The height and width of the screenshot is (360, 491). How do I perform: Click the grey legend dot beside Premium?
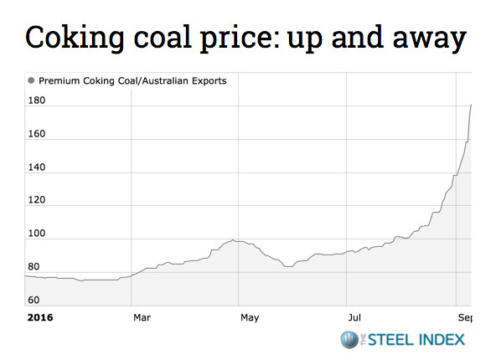pos(32,81)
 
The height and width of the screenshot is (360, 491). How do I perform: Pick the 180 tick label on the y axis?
pos(37,101)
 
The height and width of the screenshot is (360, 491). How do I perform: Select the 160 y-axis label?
pos(37,135)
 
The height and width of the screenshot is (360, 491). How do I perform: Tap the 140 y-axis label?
pos(37,168)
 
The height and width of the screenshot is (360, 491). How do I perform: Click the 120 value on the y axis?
pos(37,201)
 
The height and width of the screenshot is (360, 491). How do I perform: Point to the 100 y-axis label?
pos(37,234)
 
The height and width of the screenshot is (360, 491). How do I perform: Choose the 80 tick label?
pos(34,267)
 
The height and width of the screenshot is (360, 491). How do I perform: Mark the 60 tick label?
pos(34,300)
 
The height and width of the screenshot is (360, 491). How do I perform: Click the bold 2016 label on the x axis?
pos(40,318)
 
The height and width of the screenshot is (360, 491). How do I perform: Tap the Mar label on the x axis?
pos(142,318)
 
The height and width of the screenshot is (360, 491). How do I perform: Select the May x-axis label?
pos(249,318)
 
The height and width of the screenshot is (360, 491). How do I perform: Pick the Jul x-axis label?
pos(355,318)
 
